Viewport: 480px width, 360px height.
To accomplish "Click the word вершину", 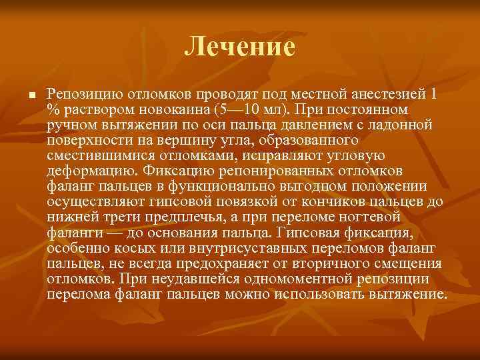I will click(x=178, y=140).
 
